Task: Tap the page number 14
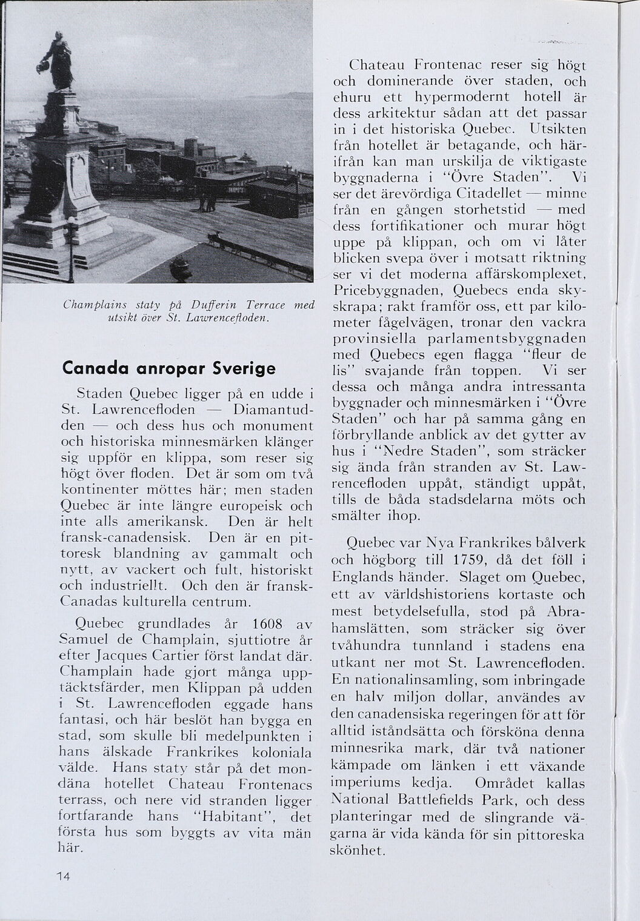pyautogui.click(x=64, y=877)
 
